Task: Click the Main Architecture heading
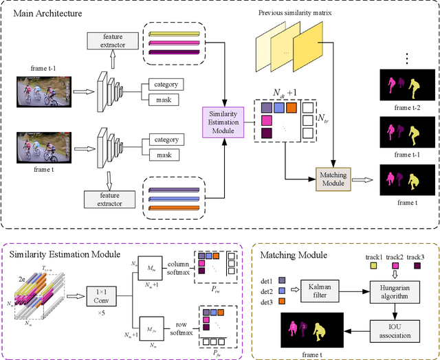tap(45, 13)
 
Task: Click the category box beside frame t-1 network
tap(164, 85)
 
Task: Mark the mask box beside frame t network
tap(164, 156)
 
